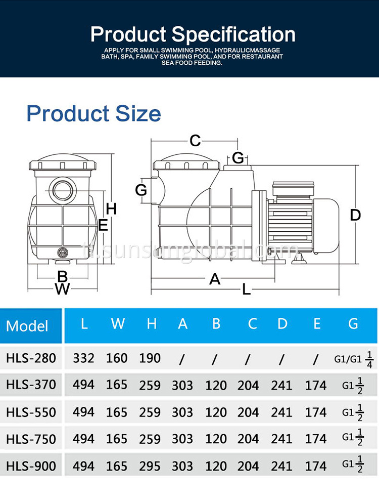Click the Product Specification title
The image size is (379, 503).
click(193, 34)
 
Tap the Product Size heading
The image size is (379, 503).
click(93, 113)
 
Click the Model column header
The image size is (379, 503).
click(27, 325)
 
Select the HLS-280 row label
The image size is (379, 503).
click(31, 358)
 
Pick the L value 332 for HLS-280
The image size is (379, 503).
click(83, 358)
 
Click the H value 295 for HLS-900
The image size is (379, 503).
click(150, 466)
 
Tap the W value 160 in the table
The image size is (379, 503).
click(117, 358)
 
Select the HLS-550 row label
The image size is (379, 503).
click(31, 412)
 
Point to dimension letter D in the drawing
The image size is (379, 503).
click(355, 215)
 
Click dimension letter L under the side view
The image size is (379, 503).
click(246, 289)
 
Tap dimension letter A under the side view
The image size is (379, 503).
click(215, 278)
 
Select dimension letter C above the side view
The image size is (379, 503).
click(195, 141)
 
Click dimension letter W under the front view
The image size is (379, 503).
click(62, 289)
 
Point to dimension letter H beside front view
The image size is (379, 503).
click(111, 208)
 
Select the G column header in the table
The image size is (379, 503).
click(353, 324)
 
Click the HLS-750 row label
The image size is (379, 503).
click(31, 439)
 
